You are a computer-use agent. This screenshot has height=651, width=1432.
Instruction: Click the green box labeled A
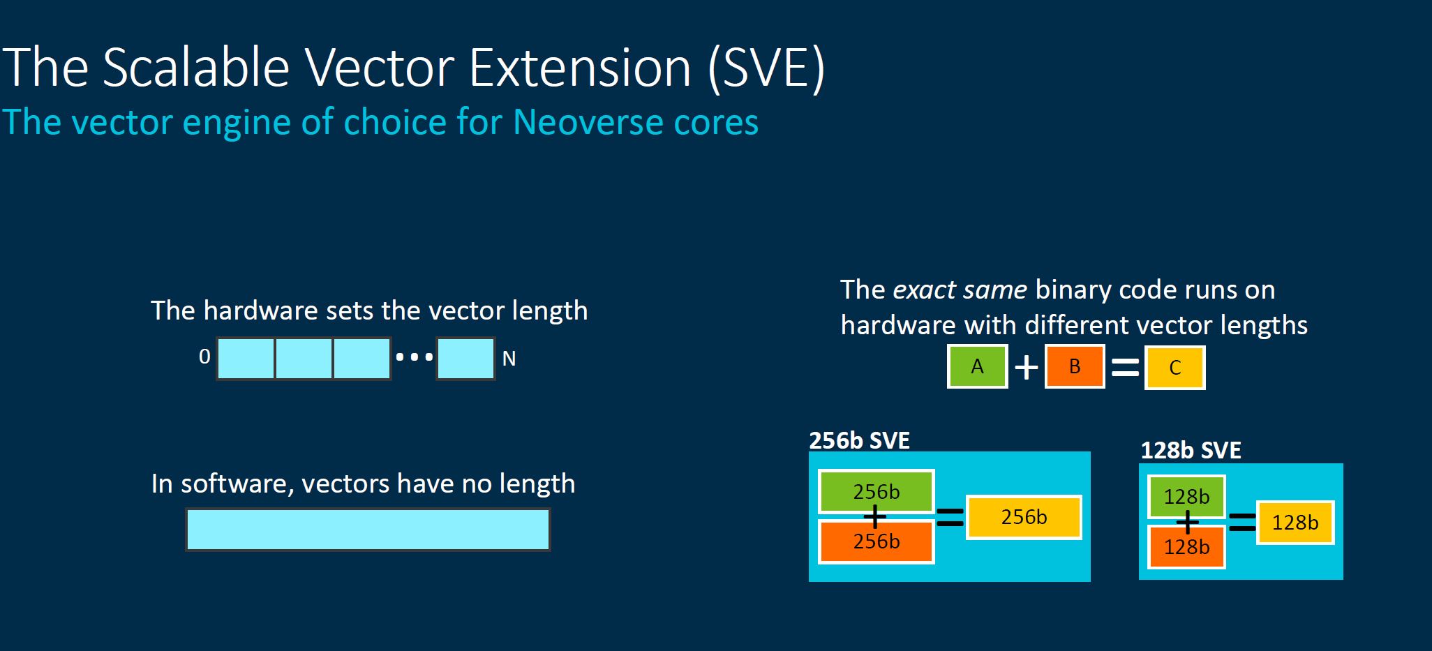(x=977, y=366)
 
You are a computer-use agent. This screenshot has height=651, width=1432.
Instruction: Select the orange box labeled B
(x=1075, y=366)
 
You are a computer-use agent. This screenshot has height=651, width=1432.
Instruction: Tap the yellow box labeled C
(x=1174, y=368)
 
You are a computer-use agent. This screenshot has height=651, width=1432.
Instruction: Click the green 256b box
(x=876, y=492)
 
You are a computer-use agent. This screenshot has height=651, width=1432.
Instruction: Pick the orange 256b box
(x=876, y=541)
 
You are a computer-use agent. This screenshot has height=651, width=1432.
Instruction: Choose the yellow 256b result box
(x=1024, y=517)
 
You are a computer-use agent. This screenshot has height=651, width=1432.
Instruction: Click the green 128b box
(x=1186, y=497)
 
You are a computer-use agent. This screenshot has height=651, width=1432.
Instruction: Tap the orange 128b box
(x=1186, y=547)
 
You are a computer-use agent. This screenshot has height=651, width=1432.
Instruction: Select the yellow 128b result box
(x=1295, y=523)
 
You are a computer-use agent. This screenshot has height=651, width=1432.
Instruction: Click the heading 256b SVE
(x=859, y=441)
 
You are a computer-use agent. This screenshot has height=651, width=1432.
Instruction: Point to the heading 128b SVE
(x=1191, y=451)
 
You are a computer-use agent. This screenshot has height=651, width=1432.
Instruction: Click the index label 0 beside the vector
(x=204, y=357)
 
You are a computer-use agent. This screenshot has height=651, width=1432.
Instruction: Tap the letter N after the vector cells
(x=509, y=359)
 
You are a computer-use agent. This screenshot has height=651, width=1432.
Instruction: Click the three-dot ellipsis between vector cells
(x=414, y=357)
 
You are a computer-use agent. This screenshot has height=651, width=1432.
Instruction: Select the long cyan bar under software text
(x=368, y=530)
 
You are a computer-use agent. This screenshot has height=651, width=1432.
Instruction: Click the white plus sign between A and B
(x=1026, y=367)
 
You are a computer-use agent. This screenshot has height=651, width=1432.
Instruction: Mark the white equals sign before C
(x=1125, y=367)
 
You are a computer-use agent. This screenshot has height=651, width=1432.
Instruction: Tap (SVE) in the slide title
(x=766, y=68)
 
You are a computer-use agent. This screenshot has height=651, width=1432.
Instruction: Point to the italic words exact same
(x=960, y=290)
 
